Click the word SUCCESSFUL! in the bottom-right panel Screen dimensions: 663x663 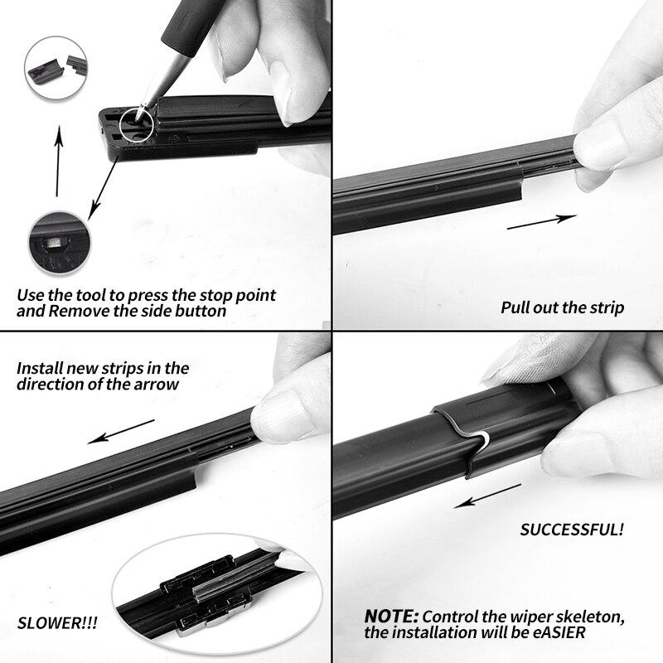point(572,530)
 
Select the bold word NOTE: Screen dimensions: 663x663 point(391,617)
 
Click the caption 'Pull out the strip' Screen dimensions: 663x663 point(562,307)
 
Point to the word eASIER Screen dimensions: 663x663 point(551,635)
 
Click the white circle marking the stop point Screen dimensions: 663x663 point(136,124)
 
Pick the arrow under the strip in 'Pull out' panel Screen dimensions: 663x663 point(541,222)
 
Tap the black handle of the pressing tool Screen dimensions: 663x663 point(182,33)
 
